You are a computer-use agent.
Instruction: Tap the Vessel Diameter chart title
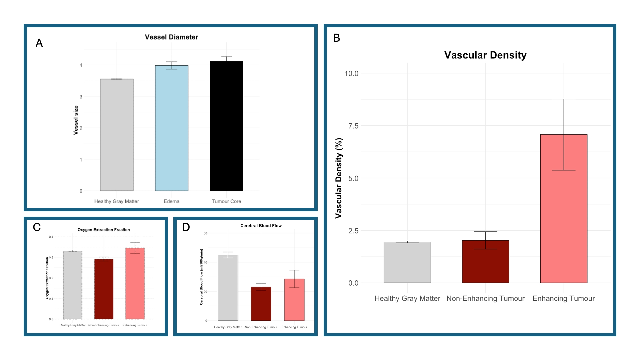171,37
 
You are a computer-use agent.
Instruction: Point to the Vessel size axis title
76,120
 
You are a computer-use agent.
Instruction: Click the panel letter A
39,43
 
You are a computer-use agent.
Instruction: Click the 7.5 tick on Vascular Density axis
353,126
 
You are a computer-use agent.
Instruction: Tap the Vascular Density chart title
485,55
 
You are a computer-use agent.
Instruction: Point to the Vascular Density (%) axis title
339,178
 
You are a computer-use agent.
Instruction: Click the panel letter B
337,38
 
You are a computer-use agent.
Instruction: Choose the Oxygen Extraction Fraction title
104,230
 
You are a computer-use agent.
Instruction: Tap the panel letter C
37,227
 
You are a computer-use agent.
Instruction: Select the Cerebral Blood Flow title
261,226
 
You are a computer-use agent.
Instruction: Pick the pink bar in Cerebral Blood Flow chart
294,300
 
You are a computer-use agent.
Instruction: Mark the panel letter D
186,227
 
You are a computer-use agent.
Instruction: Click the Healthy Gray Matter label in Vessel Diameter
116,201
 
